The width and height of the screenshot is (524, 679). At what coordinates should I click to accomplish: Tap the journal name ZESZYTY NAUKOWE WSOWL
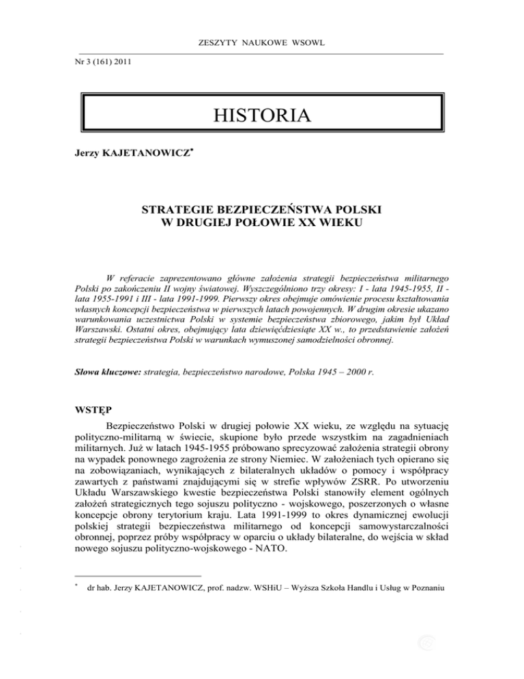pyautogui.click(x=262, y=44)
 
